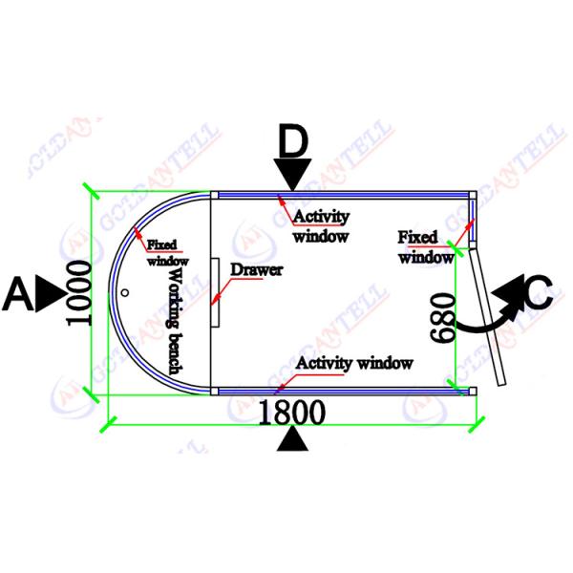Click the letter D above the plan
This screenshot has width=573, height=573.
293,143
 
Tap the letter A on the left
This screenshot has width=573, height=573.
18,294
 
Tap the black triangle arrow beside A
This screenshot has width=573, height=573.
48,295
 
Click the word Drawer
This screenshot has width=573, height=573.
256,270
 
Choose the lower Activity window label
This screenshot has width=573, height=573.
354,363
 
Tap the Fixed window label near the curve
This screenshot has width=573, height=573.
166,252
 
